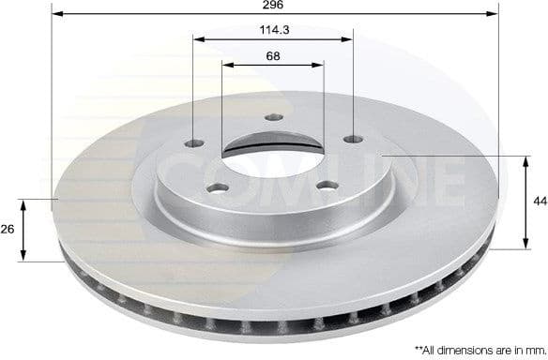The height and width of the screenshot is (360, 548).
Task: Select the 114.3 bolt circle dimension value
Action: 273,29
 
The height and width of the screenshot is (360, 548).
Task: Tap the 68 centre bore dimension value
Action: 273,55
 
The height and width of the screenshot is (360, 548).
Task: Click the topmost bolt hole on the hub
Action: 273,118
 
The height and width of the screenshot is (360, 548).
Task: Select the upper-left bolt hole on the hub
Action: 195,143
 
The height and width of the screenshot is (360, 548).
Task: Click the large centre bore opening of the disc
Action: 272,151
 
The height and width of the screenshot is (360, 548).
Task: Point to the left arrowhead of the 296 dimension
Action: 55,14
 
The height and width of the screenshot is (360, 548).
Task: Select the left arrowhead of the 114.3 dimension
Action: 197,38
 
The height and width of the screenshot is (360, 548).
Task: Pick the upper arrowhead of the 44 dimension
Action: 524,160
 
